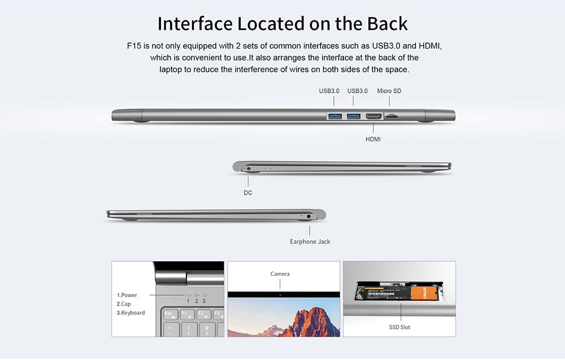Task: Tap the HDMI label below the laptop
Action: coord(373,138)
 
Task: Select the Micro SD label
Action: coord(389,90)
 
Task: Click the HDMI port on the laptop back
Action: coord(373,116)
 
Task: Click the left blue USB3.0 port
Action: coord(334,116)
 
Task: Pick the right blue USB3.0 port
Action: coord(354,116)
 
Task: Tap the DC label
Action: coord(248,193)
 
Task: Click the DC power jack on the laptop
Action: coord(249,168)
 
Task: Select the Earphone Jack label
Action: coord(310,241)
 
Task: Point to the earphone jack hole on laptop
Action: coord(309,215)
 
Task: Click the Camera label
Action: coord(280,274)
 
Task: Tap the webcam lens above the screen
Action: coord(280,294)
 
